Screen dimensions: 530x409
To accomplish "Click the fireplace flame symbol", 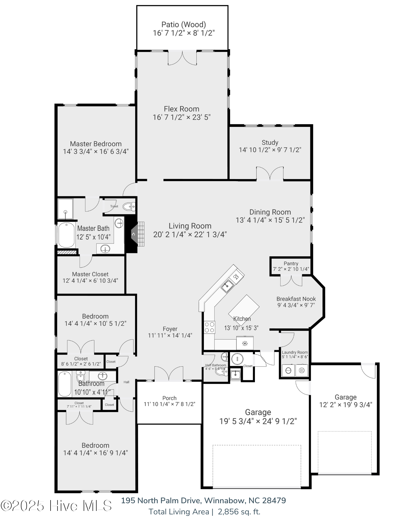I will click(x=133, y=234).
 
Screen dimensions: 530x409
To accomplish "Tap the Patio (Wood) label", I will click(x=183, y=24).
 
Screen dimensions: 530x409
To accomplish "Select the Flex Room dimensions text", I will click(x=182, y=117).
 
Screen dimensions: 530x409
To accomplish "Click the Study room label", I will click(x=270, y=143).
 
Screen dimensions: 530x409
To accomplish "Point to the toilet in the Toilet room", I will click(x=129, y=206).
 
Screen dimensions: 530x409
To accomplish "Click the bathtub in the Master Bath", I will click(x=66, y=235).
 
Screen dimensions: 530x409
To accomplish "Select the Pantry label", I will click(x=291, y=263).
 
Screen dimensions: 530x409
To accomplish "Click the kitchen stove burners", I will click(x=209, y=327).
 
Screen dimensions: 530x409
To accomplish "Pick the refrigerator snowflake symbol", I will click(x=245, y=344).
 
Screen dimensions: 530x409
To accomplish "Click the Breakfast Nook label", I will click(x=296, y=299).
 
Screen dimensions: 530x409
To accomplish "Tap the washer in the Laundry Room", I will click(x=288, y=370).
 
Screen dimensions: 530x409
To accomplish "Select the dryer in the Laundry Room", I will click(x=302, y=370).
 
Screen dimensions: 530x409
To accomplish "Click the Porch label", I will click(x=169, y=398).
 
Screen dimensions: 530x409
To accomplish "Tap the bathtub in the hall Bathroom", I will click(x=65, y=384).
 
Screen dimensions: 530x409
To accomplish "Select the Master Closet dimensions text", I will click(x=90, y=281).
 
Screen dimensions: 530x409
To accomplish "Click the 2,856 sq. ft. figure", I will click(x=239, y=512).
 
